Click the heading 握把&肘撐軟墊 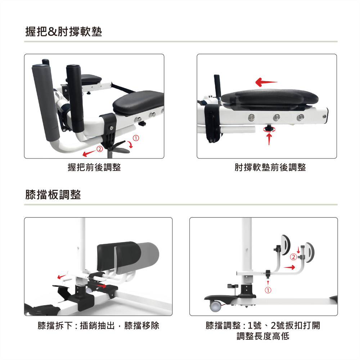64,32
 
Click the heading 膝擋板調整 53,195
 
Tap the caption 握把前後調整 94,167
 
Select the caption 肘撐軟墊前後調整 270,167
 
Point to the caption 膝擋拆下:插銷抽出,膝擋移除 98,325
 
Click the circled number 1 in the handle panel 136,138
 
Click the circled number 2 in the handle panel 99,149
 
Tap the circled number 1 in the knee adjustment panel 268,290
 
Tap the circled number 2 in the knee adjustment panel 293,257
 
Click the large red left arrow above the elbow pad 266,82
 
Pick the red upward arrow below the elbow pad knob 269,139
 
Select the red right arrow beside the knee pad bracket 289,267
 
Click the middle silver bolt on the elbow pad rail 276,117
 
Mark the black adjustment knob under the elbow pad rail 269,128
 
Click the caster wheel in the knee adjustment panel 215,306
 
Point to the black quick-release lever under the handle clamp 120,147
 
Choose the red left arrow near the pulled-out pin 62,276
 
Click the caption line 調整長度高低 263,336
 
